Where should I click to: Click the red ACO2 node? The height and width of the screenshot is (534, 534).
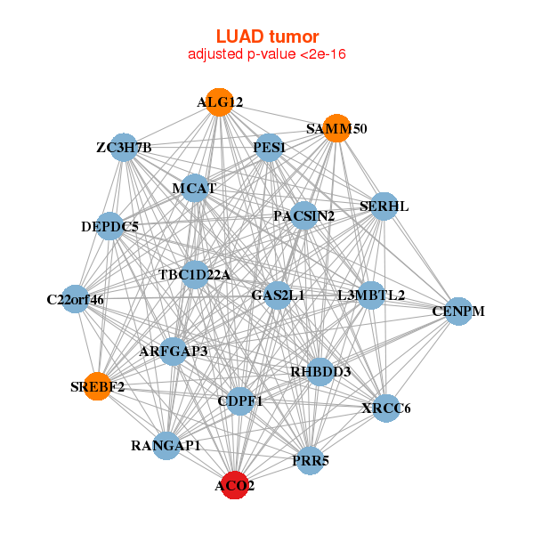pos(234,485)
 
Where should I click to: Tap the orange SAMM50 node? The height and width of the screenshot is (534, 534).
pos(336,128)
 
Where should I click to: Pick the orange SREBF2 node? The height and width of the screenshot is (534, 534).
pos(97,386)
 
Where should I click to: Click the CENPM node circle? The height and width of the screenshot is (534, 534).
pos(458,311)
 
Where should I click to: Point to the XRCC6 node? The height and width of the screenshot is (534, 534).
pos(387,409)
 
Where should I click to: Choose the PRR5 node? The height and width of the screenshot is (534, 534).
pos(309,460)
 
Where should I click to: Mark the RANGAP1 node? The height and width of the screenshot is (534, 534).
pos(166,445)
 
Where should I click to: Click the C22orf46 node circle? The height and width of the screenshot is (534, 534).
pos(76,299)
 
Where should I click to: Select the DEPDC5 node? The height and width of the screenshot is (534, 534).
pos(110,226)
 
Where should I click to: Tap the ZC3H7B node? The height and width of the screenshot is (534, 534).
pos(125,147)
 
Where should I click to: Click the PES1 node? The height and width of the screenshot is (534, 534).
pos(269,147)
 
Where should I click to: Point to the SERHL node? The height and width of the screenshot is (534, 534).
pos(384,206)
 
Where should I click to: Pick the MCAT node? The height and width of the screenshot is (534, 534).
pos(195,188)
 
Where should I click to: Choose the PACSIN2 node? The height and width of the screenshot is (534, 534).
pos(303,215)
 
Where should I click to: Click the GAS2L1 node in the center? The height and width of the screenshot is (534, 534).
pos(278,295)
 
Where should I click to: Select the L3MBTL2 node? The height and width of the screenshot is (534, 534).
pos(370,295)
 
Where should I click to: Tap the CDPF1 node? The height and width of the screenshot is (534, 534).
pos(240,401)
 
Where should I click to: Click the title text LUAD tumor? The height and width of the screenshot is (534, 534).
pos(267,36)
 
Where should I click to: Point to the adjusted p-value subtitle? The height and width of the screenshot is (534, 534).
pos(267,54)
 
